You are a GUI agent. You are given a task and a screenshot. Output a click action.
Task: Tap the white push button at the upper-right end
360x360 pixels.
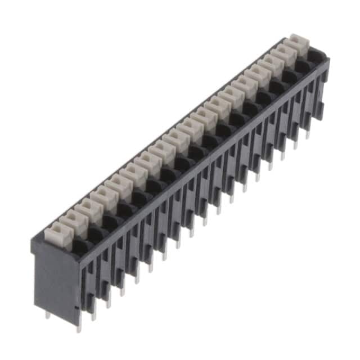coord(299,44)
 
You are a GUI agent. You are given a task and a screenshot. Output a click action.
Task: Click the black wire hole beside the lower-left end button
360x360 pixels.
coord(80,245)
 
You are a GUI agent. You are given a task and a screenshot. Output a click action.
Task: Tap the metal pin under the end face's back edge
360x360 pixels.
coord(47,316)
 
